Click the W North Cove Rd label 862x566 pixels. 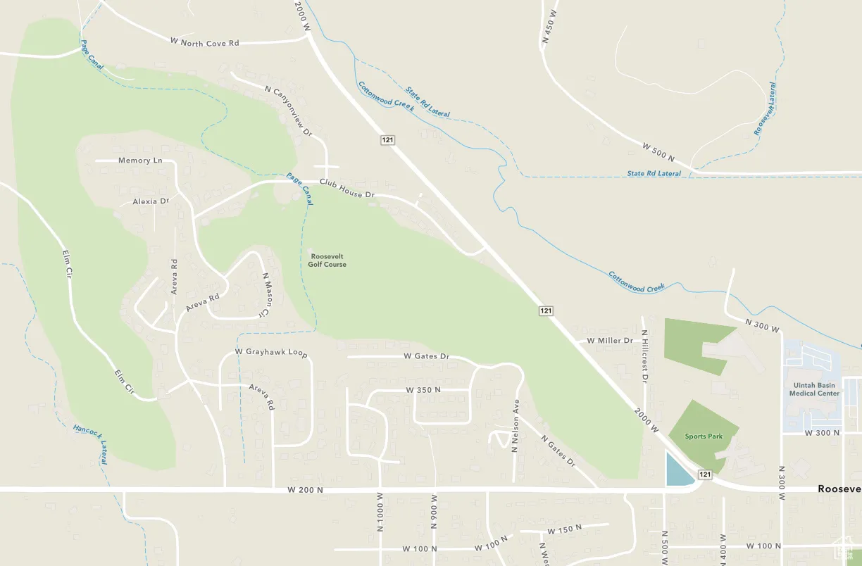coord(204,43)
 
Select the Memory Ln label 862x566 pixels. coord(140,161)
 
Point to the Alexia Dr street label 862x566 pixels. coord(151,201)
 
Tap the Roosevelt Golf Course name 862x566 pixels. coord(327,260)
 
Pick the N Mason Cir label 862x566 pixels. coord(266,294)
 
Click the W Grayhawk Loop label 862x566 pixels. coord(271,351)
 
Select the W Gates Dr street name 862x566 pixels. coord(426,356)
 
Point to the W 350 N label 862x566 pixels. coord(423,389)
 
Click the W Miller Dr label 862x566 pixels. coord(609,341)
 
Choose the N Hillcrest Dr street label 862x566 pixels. coord(644,356)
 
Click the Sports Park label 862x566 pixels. coord(704,436)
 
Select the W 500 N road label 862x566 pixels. coord(658,152)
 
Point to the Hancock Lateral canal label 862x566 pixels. coord(90,444)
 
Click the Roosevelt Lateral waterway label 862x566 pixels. coord(765,109)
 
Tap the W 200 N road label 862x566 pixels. coord(305,489)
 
